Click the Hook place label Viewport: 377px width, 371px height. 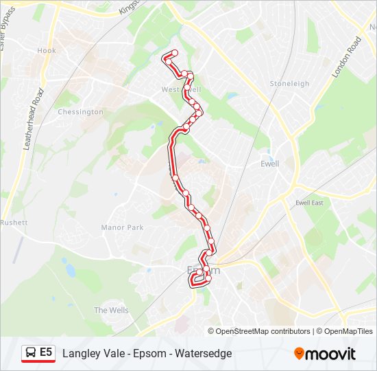[47, 51]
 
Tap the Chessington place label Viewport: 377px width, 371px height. [80, 112]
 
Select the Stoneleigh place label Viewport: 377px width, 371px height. [289, 84]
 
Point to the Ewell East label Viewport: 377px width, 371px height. [308, 203]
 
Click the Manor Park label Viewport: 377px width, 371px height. [122, 227]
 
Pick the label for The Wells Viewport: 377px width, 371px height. [110, 311]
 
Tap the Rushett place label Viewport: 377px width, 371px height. [14, 223]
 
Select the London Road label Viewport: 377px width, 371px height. [347, 56]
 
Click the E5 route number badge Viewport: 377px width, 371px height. [46, 352]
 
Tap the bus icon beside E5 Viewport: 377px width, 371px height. [31, 353]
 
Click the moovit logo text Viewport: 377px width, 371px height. [330, 354]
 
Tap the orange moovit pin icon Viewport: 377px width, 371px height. [299, 353]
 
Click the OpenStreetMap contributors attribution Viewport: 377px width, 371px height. [263, 331]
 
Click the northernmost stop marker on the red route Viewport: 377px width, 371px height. [174, 53]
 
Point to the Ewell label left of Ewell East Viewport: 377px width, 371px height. [270, 164]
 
